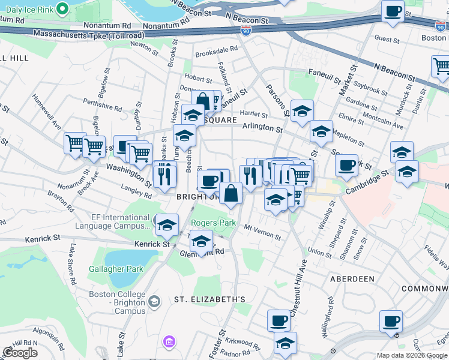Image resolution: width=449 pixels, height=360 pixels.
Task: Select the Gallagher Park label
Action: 116,269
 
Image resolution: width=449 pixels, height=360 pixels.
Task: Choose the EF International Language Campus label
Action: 112,221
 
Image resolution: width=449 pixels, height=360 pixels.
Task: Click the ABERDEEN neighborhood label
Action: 352,279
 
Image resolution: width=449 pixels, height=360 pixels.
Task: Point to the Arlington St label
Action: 262,128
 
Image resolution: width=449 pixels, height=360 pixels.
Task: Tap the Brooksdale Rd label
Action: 217,52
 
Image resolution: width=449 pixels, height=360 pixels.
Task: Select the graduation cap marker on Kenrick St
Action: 167,225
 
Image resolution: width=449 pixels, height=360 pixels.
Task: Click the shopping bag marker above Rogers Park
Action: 231,193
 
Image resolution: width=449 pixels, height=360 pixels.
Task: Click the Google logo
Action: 20,353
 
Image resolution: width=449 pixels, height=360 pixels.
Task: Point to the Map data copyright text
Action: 412,355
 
